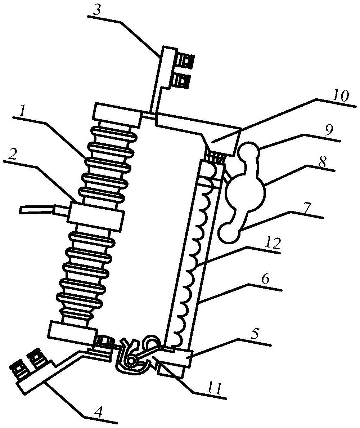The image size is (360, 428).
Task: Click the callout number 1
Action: point(24,111)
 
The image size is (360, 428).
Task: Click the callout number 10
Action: point(340,96)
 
